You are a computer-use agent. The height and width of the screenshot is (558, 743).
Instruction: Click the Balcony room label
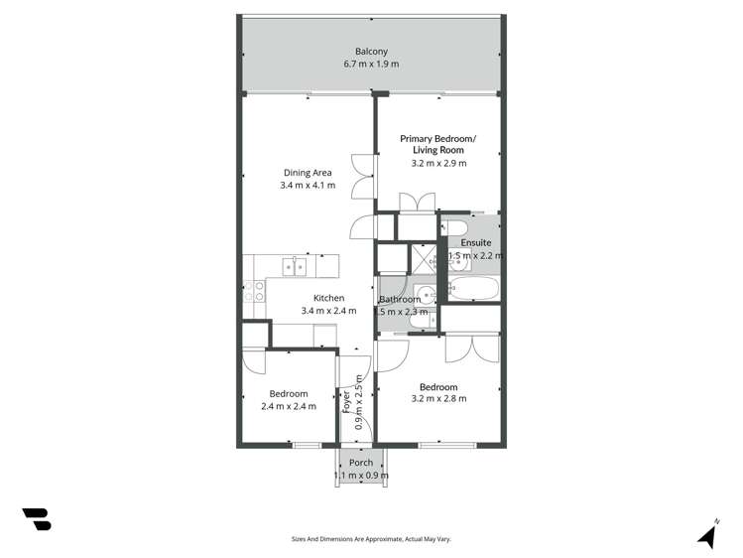click(371, 52)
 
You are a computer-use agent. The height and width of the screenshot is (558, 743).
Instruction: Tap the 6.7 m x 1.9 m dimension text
click(371, 65)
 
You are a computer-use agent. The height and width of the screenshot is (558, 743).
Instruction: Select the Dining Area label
click(308, 172)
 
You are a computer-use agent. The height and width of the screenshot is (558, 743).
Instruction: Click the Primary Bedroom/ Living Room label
click(437, 144)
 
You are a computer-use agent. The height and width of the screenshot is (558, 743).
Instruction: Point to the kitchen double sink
click(294, 264)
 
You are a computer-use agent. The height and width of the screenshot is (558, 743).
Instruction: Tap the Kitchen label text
click(328, 298)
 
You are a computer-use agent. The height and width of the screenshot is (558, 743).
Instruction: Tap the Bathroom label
click(400, 299)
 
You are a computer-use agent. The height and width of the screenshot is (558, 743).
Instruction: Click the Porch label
click(360, 463)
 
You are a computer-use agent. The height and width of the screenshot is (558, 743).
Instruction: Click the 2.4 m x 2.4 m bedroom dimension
click(289, 405)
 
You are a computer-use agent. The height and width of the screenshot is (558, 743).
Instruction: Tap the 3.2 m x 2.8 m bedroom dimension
click(437, 399)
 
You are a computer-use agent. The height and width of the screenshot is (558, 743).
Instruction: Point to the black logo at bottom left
click(37, 518)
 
